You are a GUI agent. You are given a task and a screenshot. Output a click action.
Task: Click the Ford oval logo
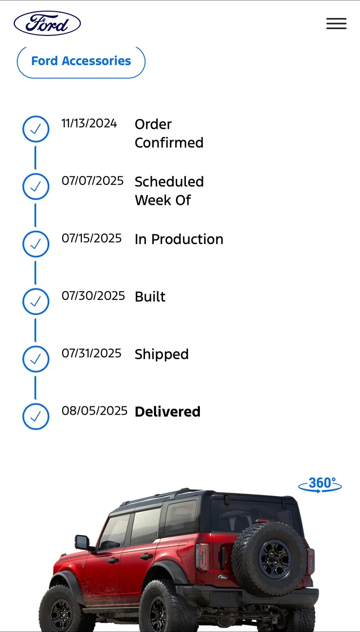click(x=47, y=23)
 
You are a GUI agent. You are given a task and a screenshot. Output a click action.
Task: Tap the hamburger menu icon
click(x=336, y=23)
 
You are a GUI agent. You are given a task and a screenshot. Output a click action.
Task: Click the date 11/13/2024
click(x=89, y=123)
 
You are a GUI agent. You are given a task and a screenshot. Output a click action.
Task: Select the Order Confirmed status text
click(x=169, y=134)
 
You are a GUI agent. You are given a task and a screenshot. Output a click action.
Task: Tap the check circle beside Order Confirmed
click(x=36, y=129)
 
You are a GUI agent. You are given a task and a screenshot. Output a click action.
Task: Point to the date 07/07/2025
click(x=92, y=181)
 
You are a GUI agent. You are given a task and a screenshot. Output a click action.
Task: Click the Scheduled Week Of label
click(x=169, y=191)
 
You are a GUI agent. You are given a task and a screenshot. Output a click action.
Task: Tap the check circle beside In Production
click(x=36, y=244)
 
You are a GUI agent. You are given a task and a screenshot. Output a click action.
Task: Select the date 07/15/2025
click(x=91, y=238)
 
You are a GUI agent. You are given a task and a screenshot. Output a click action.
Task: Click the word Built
click(x=150, y=297)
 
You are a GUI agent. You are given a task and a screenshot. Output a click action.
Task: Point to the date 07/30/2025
click(x=93, y=296)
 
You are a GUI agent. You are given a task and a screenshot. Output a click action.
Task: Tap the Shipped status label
click(x=162, y=355)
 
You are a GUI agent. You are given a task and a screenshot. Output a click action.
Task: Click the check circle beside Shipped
click(x=36, y=359)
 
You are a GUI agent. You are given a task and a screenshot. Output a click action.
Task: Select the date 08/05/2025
click(x=94, y=411)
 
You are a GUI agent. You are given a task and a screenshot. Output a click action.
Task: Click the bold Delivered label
click(x=168, y=412)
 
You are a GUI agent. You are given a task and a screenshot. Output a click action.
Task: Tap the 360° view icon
click(x=320, y=485)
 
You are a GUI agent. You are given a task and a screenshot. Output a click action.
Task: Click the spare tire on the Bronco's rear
click(x=269, y=558)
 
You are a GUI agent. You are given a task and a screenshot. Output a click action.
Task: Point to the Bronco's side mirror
click(x=82, y=542)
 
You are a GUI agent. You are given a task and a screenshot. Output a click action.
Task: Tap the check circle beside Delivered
click(x=36, y=417)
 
